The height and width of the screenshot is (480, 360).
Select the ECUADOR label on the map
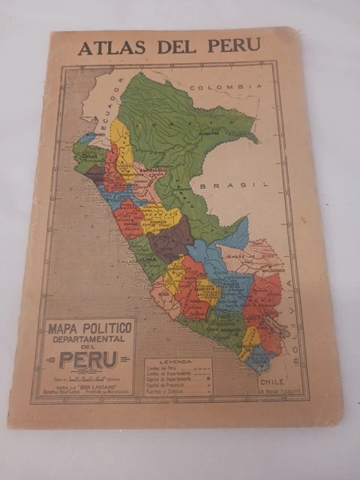[x=106, y=112]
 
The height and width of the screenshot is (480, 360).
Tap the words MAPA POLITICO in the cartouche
[x=90, y=327]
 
